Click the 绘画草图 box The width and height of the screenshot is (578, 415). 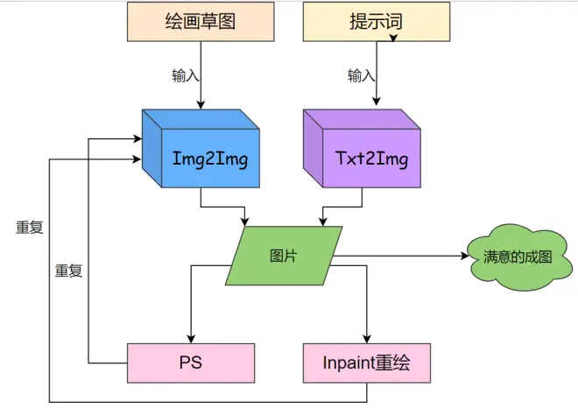pos(201,21)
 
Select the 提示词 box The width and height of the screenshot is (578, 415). pos(377,21)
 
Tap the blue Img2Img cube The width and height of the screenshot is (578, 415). pos(201,149)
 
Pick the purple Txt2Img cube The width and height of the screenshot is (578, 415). pos(362,149)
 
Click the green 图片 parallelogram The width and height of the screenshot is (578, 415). pos(284,256)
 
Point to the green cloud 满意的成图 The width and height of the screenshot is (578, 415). pos(519,257)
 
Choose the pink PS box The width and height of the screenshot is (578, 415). pos(191,363)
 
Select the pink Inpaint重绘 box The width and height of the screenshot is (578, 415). pos(367,363)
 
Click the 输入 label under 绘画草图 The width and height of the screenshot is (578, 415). pos(186,75)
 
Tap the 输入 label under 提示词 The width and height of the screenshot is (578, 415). pos(361,75)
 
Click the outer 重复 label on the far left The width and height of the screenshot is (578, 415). pos(30,227)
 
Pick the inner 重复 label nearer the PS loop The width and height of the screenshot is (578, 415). pos(68,271)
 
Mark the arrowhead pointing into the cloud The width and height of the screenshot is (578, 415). pos(465,256)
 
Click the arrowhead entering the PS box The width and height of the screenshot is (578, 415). pos(191,339)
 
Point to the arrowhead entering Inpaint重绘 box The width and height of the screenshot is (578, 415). pos(367,339)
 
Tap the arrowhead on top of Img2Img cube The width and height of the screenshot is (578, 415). pos(201,105)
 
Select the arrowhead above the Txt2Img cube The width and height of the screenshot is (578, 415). pos(377,102)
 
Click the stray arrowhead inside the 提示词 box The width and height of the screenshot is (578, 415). pos(393,38)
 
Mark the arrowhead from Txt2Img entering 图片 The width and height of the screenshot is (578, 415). pos(323,222)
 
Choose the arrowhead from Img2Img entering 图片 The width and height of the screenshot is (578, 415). pos(244,222)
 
